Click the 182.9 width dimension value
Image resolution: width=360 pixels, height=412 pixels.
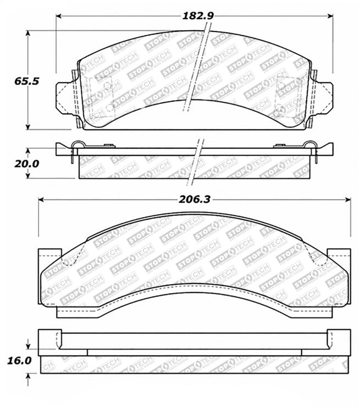pyautogui.click(x=198, y=16)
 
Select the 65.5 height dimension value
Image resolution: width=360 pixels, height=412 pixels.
pyautogui.click(x=26, y=81)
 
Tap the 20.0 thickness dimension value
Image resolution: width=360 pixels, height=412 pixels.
pyautogui.click(x=26, y=164)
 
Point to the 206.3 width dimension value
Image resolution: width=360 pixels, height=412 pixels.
pyautogui.click(x=195, y=200)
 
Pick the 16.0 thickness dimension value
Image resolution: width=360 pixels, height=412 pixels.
pyautogui.click(x=19, y=360)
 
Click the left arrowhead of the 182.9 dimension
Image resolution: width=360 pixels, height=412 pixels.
pyautogui.click(x=59, y=16)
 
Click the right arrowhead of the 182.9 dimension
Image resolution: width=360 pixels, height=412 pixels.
pyautogui.click(x=330, y=16)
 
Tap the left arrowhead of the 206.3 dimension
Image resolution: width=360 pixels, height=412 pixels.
pyautogui.click(x=41, y=200)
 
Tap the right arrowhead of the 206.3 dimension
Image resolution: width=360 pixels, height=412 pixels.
pyautogui.click(x=348, y=200)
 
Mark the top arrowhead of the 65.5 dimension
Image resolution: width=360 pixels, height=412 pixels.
pyautogui.click(x=27, y=33)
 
